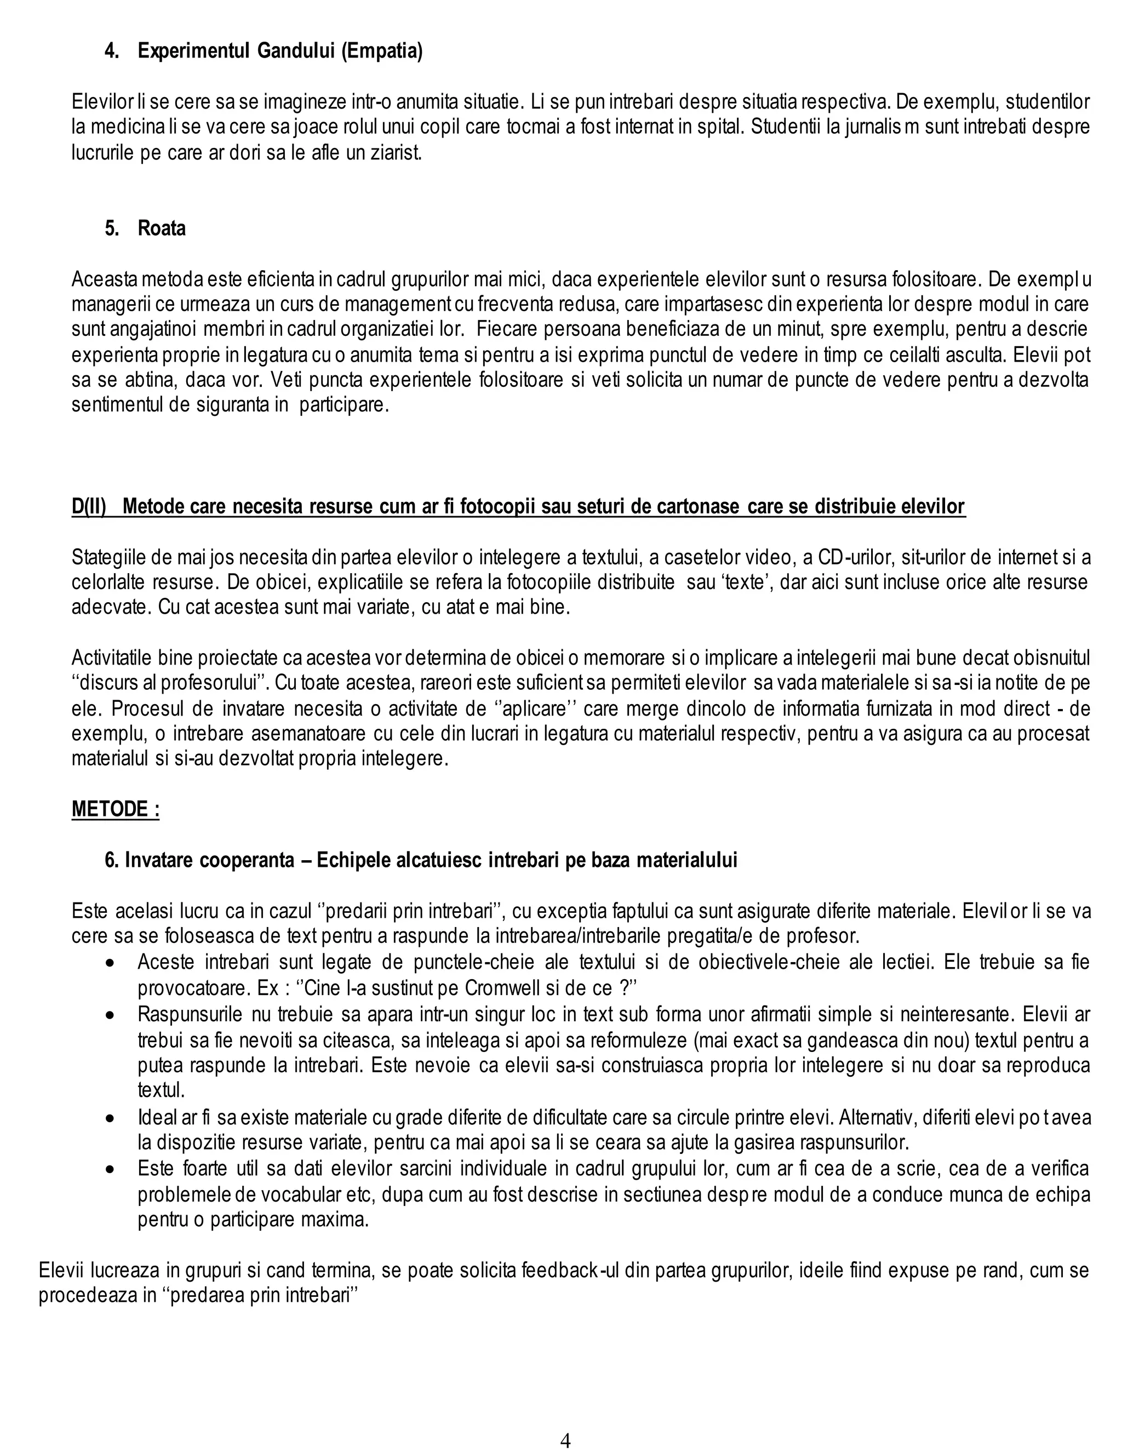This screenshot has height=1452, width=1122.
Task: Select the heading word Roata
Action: click(x=162, y=228)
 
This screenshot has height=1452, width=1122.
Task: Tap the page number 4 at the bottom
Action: click(x=565, y=1440)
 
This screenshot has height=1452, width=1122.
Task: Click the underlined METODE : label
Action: click(x=116, y=809)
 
